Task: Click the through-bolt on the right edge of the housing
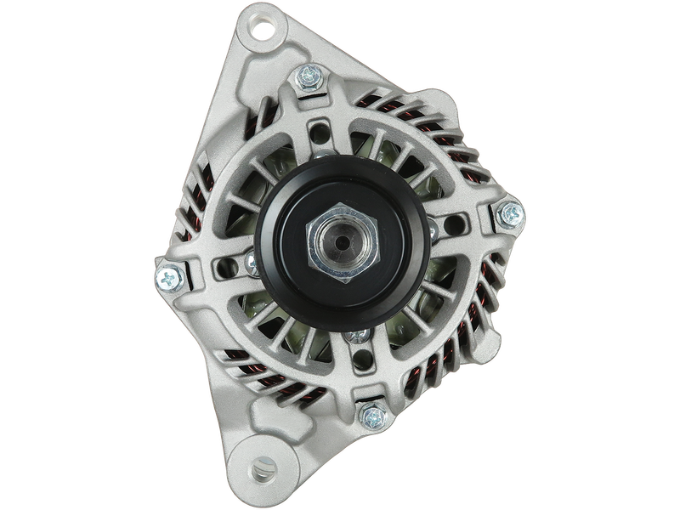[511, 212]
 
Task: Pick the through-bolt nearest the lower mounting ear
[370, 415]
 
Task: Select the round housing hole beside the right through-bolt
[459, 223]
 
